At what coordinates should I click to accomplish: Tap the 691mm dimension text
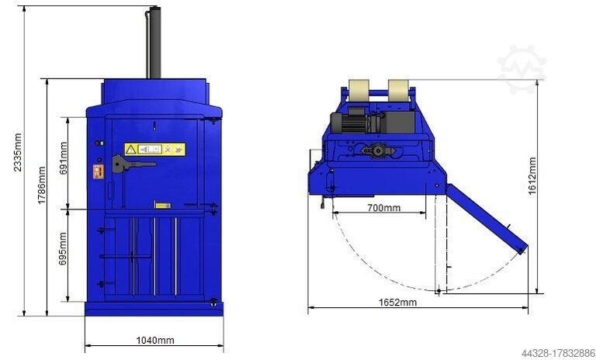tap(63, 160)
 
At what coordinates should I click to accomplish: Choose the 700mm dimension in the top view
tap(383, 207)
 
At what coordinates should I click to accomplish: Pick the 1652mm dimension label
tap(397, 302)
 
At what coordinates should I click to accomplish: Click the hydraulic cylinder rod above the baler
tap(154, 43)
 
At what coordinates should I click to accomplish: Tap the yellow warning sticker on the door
tap(154, 149)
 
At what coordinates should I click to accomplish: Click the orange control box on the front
tap(98, 171)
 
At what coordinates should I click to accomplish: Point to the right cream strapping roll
tap(399, 90)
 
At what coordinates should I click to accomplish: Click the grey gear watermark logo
tap(521, 68)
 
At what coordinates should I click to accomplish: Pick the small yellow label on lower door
tap(162, 205)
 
